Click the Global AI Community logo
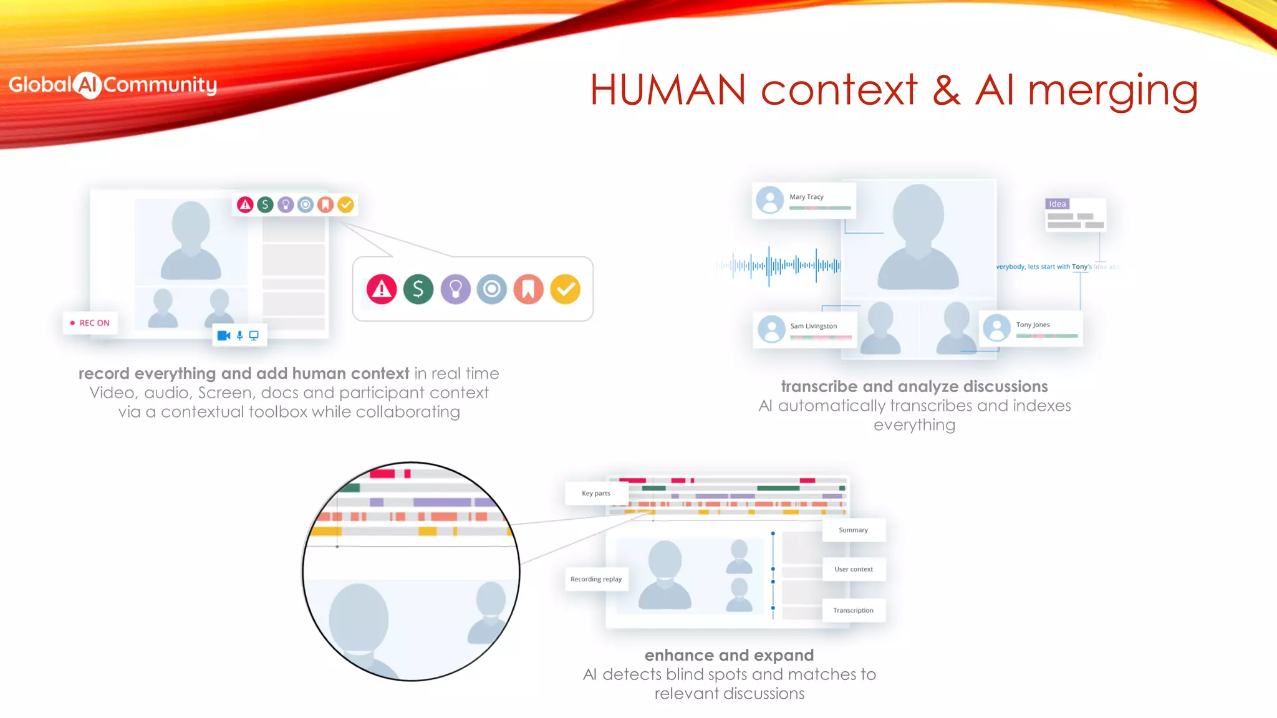[112, 85]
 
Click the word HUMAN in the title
[667, 90]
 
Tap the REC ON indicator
[90, 323]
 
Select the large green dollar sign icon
[418, 289]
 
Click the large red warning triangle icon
[382, 289]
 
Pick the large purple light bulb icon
[455, 289]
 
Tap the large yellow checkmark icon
[566, 289]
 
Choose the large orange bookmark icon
[528, 289]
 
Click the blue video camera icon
[223, 335]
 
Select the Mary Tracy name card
[804, 200]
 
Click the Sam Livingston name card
[805, 329]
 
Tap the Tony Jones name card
[1032, 328]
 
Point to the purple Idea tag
[1057, 204]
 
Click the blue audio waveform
[779, 266]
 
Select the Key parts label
[595, 493]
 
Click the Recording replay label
[596, 579]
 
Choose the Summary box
[853, 530]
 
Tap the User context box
[853, 569]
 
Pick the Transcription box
[853, 610]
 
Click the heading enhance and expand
[729, 655]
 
